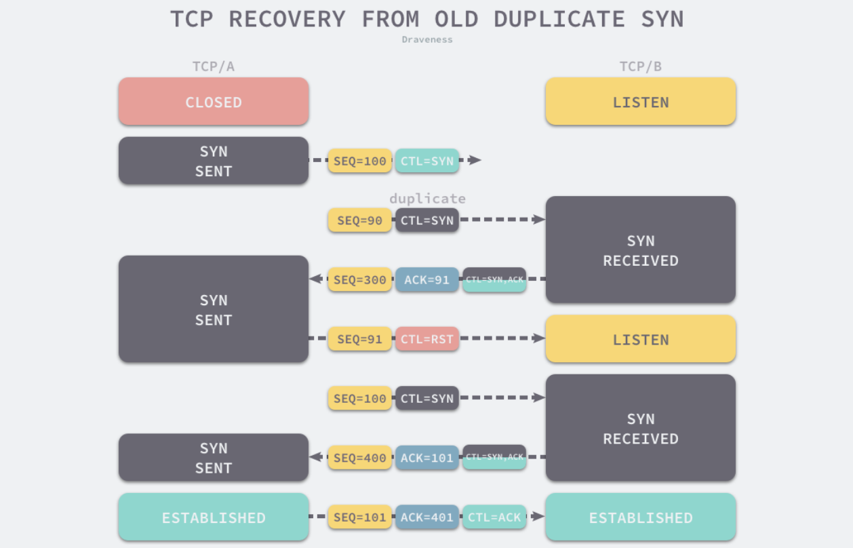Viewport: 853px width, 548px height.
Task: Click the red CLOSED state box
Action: click(214, 102)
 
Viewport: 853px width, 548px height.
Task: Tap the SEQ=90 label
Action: click(359, 220)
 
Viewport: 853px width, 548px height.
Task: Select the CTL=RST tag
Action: click(427, 339)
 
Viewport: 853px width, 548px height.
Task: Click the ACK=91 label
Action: click(427, 279)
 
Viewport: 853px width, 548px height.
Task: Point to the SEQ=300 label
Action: click(359, 279)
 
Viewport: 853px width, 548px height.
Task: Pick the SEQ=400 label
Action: click(359, 458)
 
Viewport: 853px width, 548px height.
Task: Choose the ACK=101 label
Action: click(427, 458)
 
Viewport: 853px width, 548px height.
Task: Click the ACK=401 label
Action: click(427, 517)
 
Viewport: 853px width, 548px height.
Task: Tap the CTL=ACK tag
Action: click(494, 517)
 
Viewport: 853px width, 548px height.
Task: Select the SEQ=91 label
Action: click(359, 339)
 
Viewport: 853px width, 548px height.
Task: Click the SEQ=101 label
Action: click(359, 517)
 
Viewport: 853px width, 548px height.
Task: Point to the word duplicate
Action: click(427, 199)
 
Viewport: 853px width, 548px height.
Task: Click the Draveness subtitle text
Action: click(427, 39)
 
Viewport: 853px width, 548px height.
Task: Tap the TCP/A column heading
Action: click(214, 66)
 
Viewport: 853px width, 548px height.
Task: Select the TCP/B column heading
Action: click(641, 66)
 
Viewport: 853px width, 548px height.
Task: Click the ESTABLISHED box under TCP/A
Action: click(214, 517)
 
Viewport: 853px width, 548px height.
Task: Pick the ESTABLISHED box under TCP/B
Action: click(641, 517)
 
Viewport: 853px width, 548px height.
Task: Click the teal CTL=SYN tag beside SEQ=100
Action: click(427, 161)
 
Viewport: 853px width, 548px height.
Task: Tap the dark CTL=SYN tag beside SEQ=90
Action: click(427, 220)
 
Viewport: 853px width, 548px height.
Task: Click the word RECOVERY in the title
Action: click(287, 19)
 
